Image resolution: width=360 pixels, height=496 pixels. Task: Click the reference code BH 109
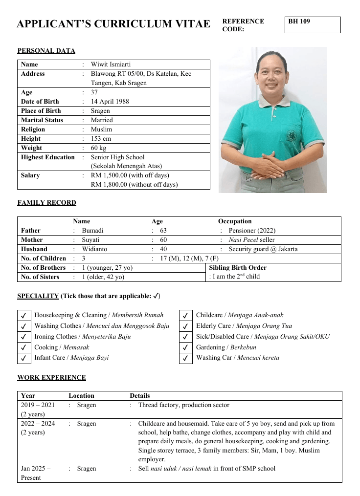(299, 22)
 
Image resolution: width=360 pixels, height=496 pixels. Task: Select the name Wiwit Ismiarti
(111, 65)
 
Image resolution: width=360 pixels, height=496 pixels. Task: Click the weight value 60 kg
(98, 148)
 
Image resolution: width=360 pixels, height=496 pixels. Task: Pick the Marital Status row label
(42, 120)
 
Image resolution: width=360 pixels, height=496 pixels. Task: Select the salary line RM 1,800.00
(134, 185)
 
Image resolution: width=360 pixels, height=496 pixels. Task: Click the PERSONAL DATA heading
(46, 51)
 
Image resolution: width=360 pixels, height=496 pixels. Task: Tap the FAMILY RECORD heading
(47, 203)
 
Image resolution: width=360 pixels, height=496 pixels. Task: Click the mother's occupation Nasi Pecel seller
(251, 240)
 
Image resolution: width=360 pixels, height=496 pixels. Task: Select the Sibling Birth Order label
(238, 268)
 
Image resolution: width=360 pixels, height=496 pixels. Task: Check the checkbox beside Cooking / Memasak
(23, 348)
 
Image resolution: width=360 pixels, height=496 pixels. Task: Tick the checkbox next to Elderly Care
(185, 326)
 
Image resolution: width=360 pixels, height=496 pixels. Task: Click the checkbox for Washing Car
(185, 358)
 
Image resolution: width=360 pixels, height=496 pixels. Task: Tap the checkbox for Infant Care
(23, 358)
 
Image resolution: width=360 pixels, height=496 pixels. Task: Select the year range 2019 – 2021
(38, 405)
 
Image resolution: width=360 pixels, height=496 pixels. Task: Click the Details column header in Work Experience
(140, 396)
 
